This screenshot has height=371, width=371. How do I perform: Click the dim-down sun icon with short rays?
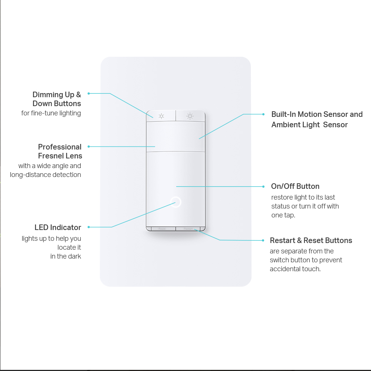pos(161,116)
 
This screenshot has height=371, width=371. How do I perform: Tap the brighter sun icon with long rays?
pos(190,116)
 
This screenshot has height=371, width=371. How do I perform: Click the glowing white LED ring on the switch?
pos(175,202)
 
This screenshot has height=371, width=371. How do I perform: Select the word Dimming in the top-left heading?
pos(48,95)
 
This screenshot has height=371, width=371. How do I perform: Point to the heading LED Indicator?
pos(58,227)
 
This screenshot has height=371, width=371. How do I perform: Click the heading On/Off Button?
pos(295,186)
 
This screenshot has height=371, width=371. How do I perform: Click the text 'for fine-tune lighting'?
pos(51,113)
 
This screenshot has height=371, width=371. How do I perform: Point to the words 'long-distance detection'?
pos(45,175)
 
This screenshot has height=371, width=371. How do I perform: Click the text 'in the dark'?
pos(66,256)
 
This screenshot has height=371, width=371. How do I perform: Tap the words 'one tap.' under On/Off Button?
pos(283,215)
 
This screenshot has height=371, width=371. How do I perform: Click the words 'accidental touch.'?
pos(295,269)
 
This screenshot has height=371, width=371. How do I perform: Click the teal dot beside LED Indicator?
pos(89,227)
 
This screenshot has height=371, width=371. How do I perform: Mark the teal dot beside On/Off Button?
pos(263,187)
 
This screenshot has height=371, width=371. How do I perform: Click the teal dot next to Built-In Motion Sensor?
pos(263,114)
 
